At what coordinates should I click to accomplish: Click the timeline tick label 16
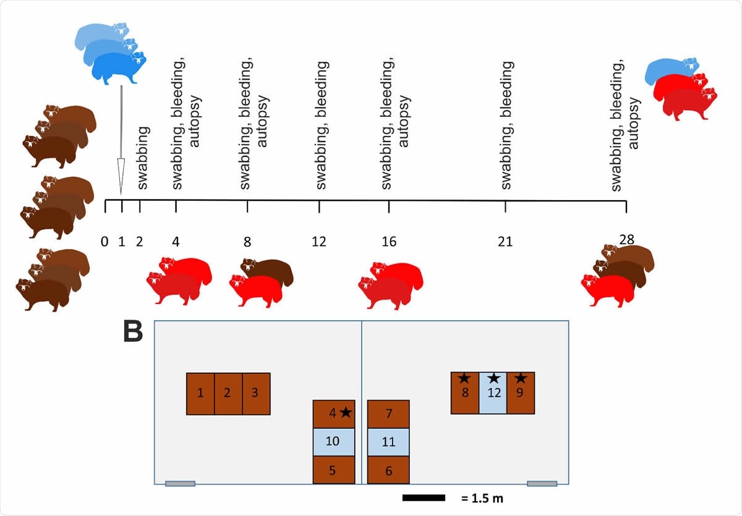tap(389, 242)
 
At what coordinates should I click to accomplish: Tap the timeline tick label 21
tap(505, 242)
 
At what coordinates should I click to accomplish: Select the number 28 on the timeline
tap(626, 239)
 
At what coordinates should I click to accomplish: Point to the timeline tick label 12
tap(319, 242)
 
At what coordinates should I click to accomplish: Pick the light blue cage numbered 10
tap(333, 442)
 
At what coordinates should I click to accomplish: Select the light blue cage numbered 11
tap(388, 442)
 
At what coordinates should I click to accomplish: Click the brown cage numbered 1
tap(200, 394)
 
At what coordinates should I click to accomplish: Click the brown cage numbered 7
tap(388, 413)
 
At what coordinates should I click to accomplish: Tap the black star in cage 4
tap(346, 412)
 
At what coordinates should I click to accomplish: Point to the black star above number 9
tap(521, 378)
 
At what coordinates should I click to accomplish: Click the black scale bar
tap(424, 497)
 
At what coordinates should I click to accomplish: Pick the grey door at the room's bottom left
tap(180, 484)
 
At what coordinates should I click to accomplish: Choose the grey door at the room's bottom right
tap(542, 484)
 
